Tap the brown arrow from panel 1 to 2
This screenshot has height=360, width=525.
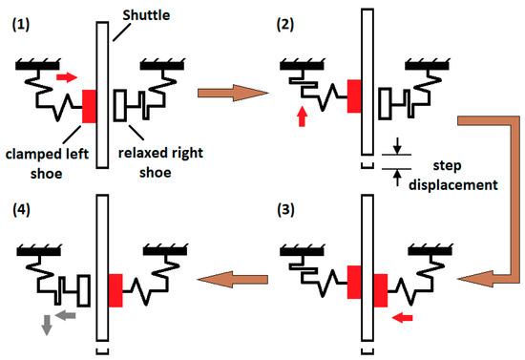pyautogui.click(x=228, y=93)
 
